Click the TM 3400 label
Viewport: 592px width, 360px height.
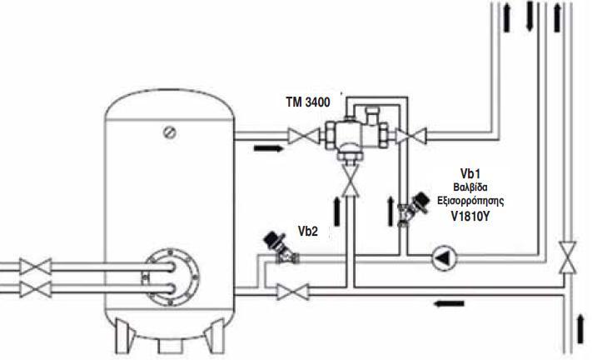(308, 102)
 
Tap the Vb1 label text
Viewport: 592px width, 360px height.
(470, 173)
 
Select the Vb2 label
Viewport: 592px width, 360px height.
(308, 231)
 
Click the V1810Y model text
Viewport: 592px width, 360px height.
(470, 216)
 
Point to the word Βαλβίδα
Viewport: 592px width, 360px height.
(470, 187)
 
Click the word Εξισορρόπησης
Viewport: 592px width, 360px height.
(470, 201)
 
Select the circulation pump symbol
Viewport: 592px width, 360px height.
(444, 258)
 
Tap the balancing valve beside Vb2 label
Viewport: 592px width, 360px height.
(281, 247)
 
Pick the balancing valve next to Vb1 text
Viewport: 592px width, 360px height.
(412, 209)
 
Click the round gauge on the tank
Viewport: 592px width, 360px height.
(170, 132)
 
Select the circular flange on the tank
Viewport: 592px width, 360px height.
(171, 277)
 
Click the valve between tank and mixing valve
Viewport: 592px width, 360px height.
(304, 137)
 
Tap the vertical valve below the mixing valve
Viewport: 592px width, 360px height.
(351, 182)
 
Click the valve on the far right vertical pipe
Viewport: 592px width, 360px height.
(568, 257)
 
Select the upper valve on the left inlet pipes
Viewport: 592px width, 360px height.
(36, 267)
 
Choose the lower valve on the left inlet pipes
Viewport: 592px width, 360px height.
(36, 290)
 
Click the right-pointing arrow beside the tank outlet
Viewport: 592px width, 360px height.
(268, 148)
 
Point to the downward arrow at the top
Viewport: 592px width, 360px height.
(530, 16)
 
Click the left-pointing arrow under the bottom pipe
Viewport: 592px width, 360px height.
(449, 303)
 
